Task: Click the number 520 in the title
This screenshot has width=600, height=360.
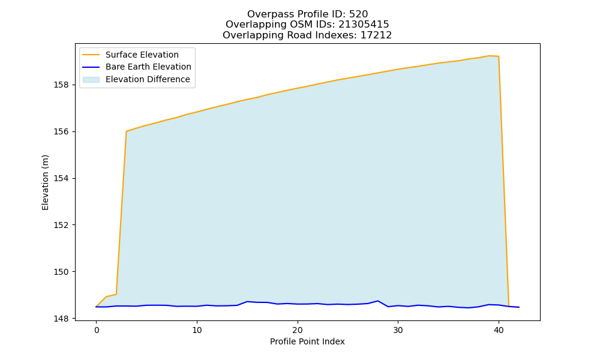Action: click(x=359, y=14)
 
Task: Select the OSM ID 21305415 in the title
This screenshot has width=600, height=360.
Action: click(x=364, y=25)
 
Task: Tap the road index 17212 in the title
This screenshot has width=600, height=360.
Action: click(x=376, y=35)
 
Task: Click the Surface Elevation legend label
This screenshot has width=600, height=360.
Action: click(x=142, y=55)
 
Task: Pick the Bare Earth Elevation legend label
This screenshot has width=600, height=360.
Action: click(x=148, y=67)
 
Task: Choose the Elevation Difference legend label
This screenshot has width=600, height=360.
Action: click(x=148, y=79)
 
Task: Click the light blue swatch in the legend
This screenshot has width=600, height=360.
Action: click(x=91, y=80)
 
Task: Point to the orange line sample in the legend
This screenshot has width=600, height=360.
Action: click(x=91, y=55)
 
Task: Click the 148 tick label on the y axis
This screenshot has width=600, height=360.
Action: click(x=62, y=318)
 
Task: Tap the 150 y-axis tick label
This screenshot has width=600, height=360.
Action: click(x=62, y=272)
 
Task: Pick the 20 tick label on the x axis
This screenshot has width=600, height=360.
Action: click(x=298, y=330)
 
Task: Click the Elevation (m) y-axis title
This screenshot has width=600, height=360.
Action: click(x=45, y=182)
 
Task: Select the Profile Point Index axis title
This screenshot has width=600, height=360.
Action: click(x=307, y=341)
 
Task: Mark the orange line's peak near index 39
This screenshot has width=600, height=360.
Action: click(x=488, y=56)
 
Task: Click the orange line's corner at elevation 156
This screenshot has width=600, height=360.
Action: click(x=126, y=131)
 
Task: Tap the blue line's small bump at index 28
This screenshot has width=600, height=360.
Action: click(x=377, y=301)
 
